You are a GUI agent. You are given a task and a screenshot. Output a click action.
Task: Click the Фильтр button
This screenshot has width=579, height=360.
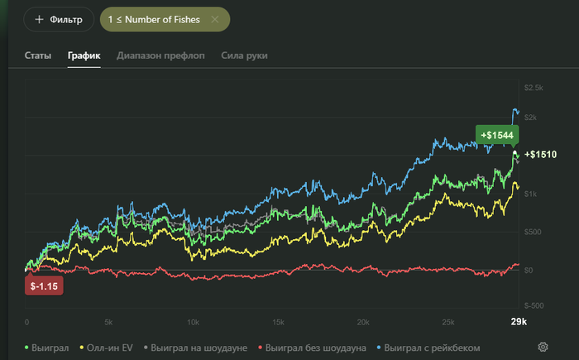[58, 19]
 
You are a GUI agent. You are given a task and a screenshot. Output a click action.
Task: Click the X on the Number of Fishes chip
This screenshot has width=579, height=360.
[215, 19]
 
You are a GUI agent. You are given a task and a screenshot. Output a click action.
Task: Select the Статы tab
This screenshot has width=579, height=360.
[38, 55]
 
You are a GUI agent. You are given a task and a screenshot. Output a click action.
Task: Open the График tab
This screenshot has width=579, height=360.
[84, 55]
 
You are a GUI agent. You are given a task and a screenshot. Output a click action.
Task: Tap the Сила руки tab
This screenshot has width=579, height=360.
[244, 55]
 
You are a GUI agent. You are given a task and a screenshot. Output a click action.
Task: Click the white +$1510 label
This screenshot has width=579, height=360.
[540, 155]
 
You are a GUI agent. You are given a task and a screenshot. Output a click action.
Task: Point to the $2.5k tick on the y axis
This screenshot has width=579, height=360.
[533, 88]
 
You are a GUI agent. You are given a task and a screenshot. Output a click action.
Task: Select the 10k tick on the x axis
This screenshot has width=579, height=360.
[193, 322]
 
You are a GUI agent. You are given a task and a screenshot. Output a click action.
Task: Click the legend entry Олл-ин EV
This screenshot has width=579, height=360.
[110, 348]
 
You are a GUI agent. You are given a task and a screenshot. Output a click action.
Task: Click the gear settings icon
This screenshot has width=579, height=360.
[543, 347]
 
